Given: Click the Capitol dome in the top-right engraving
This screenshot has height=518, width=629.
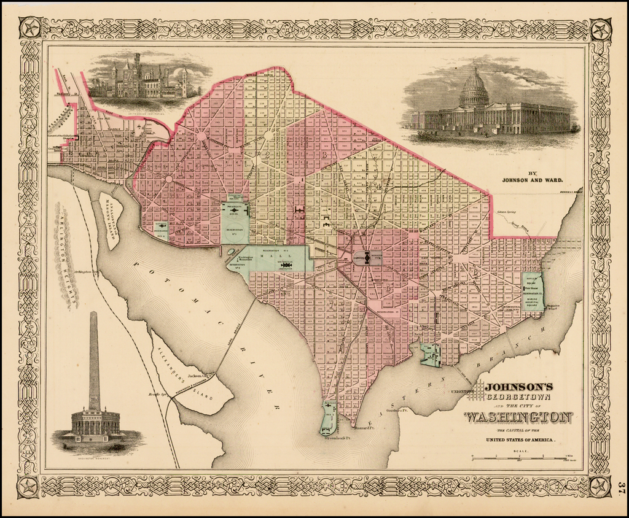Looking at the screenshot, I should [474, 90].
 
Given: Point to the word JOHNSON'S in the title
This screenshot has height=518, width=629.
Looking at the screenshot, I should [519, 387].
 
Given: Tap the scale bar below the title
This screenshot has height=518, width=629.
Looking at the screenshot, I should [520, 458].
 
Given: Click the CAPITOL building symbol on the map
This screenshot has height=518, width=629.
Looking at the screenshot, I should [367, 258].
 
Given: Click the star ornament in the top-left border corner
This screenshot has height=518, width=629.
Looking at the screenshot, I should [29, 28].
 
